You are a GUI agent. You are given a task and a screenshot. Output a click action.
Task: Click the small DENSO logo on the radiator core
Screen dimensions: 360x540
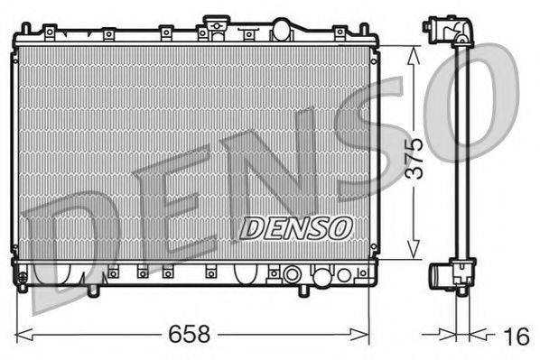(295, 228)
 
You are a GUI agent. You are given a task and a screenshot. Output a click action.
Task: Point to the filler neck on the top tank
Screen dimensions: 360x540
(217, 23)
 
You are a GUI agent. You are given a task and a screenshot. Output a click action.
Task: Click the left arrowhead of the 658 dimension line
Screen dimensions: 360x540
(21, 333)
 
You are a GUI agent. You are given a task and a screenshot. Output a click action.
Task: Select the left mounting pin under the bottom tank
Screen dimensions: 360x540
(93, 291)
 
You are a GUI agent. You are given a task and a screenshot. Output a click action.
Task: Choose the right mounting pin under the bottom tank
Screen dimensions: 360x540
(303, 291)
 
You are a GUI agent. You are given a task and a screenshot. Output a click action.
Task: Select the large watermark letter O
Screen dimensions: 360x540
(470, 99)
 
